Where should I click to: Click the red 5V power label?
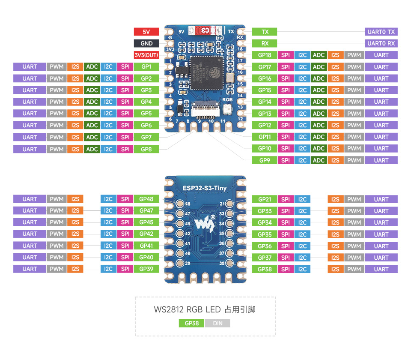[146, 32]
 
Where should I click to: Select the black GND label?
[146, 43]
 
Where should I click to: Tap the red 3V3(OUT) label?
[146, 55]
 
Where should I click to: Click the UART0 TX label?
[381, 32]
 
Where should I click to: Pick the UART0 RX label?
[381, 43]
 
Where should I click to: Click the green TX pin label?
[265, 32]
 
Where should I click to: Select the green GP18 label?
[265, 55]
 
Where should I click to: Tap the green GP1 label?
[146, 67]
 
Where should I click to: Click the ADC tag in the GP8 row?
[92, 149]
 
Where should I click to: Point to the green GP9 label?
[265, 160]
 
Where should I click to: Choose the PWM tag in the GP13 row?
[354, 114]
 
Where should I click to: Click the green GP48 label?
[146, 199]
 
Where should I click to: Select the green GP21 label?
[265, 199]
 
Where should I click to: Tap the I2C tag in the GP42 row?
[108, 234]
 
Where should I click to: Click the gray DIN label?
[217, 323]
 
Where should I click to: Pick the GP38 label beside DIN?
[191, 323]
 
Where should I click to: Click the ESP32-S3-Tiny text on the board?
[205, 187]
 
